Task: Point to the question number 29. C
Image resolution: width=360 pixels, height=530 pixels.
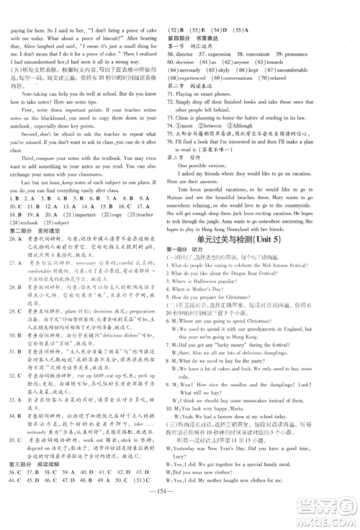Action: (15, 349)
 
